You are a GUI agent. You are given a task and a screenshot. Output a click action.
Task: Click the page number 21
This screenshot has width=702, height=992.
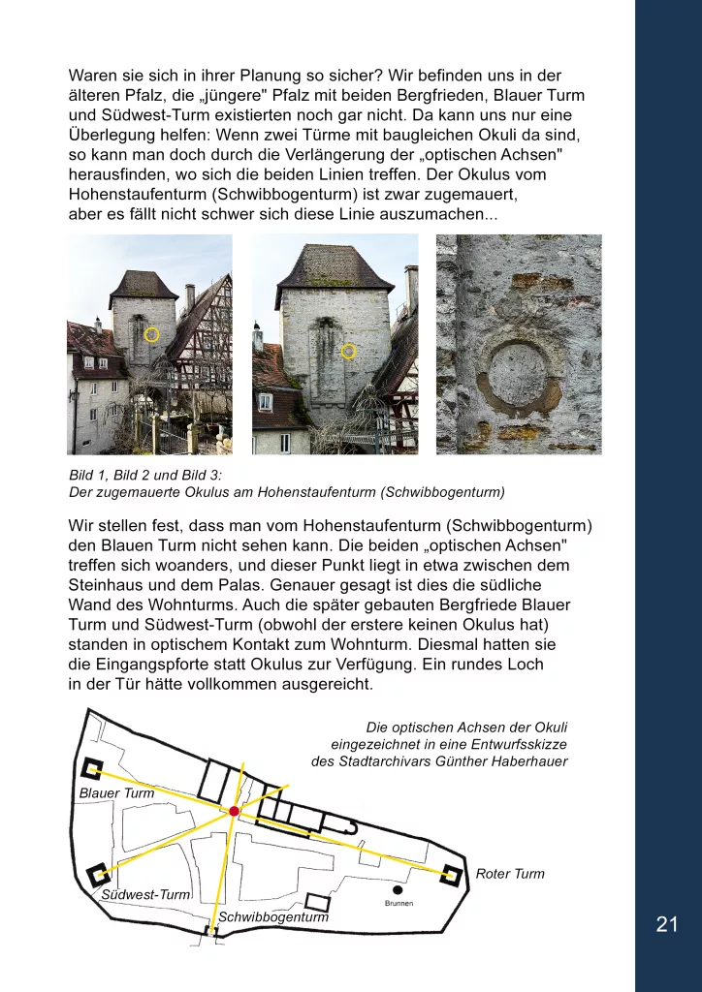click(667, 924)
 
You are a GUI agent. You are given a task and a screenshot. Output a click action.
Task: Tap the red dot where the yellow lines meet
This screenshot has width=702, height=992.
click(234, 811)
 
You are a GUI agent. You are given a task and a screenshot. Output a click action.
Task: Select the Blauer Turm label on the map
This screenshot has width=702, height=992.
click(116, 793)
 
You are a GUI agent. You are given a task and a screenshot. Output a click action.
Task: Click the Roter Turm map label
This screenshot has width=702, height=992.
click(510, 874)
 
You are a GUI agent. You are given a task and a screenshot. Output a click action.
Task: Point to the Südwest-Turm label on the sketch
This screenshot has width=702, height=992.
click(145, 894)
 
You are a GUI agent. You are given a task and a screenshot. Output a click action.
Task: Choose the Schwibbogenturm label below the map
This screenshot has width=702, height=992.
click(273, 916)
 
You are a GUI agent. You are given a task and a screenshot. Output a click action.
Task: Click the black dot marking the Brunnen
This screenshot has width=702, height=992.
click(398, 889)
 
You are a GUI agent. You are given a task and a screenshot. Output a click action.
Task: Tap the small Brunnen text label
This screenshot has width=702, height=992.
click(399, 904)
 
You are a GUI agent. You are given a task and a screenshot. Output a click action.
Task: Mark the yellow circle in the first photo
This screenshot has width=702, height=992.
click(151, 334)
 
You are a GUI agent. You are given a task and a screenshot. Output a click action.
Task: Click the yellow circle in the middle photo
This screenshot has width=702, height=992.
click(349, 351)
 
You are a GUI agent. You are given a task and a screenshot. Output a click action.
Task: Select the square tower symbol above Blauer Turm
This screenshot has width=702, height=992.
click(93, 769)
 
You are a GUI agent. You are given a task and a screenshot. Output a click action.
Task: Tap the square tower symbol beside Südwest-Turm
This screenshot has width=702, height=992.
click(98, 875)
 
